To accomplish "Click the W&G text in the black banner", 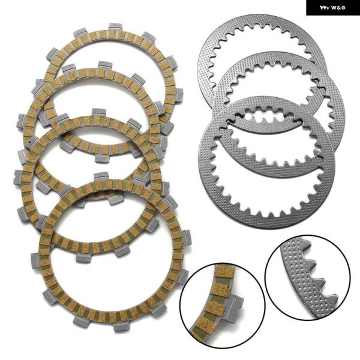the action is click(x=338, y=8).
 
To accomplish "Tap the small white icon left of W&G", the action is click(x=325, y=8).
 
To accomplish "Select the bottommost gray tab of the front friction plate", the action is click(x=121, y=327).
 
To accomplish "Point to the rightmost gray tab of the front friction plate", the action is click(x=187, y=237).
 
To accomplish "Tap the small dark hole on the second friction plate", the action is click(x=30, y=145).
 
